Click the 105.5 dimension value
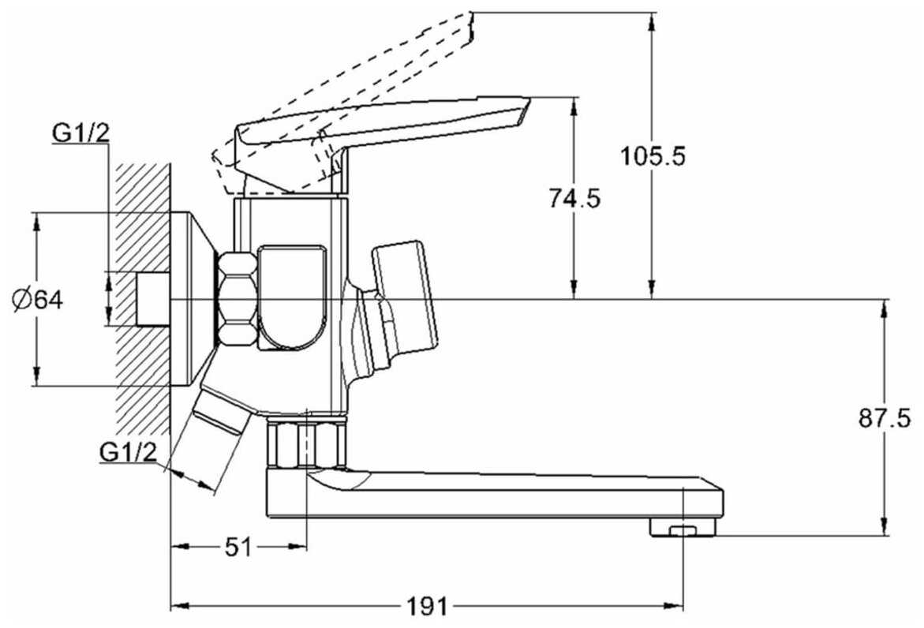click(x=653, y=156)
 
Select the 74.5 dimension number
click(x=574, y=199)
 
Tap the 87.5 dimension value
click(x=884, y=418)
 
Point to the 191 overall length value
click(x=427, y=607)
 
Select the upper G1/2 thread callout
click(x=80, y=133)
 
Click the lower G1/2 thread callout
click(x=128, y=452)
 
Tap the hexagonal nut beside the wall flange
click(x=238, y=298)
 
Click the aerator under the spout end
click(x=683, y=528)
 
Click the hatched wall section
click(x=142, y=300)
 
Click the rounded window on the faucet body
click(x=292, y=296)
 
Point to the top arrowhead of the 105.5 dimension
click(x=652, y=21)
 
